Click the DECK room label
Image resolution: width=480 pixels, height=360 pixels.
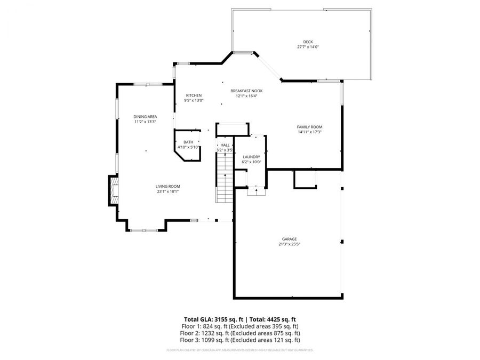pyautogui.click(x=308, y=42)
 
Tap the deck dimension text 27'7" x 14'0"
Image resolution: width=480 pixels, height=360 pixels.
pyautogui.click(x=308, y=47)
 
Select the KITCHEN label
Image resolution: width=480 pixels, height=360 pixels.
pyautogui.click(x=194, y=95)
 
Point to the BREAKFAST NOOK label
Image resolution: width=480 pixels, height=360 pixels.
pyautogui.click(x=246, y=91)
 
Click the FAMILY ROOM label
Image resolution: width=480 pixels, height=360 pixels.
pyautogui.click(x=309, y=127)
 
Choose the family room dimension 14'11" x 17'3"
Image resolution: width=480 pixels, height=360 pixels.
pyautogui.click(x=309, y=132)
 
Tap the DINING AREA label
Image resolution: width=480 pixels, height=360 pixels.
pyautogui.click(x=145, y=117)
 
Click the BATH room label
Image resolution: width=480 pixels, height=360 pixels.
pyautogui.click(x=188, y=142)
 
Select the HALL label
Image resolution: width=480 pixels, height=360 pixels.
pyautogui.click(x=225, y=145)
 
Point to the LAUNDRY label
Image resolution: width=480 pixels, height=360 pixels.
pyautogui.click(x=251, y=157)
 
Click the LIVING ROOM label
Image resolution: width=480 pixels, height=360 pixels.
pyautogui.click(x=167, y=186)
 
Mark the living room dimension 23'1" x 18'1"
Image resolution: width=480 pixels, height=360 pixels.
pyautogui.click(x=167, y=191)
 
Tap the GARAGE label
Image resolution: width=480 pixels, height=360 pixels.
pyautogui.click(x=290, y=239)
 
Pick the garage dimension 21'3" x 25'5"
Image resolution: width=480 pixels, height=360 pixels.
pyautogui.click(x=290, y=244)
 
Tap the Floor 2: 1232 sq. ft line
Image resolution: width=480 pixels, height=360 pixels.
pyautogui.click(x=239, y=333)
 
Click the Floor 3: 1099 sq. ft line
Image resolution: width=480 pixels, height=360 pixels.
pyautogui.click(x=239, y=340)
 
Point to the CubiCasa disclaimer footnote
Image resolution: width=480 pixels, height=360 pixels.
pyautogui.click(x=239, y=350)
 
